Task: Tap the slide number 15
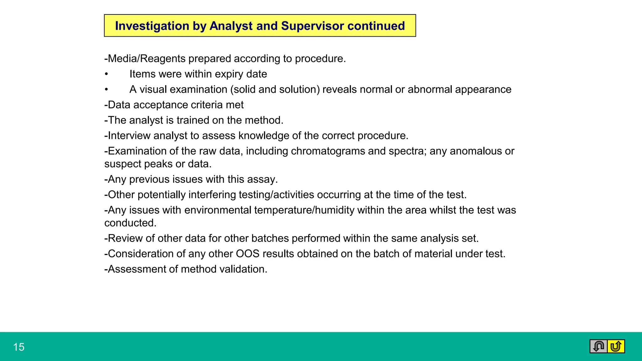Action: click(19, 347)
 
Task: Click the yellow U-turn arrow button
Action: click(616, 346)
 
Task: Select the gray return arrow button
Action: click(598, 346)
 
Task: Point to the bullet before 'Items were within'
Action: click(107, 74)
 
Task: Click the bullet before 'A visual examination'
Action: click(107, 90)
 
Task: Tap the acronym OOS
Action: click(248, 254)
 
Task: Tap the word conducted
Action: click(130, 223)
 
